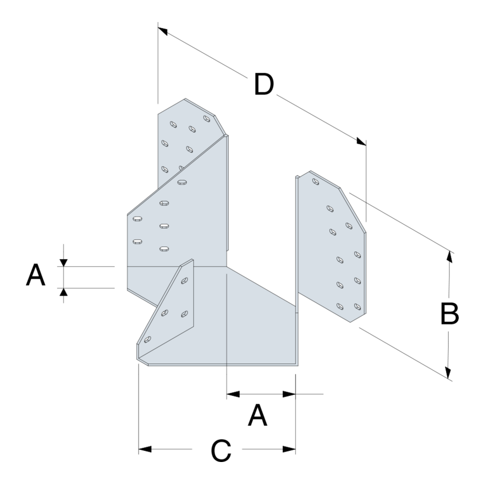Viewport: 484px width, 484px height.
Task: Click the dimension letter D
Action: coord(264,84)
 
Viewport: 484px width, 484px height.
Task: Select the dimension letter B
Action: coord(449,313)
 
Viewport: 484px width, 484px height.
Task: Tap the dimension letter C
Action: coord(221,450)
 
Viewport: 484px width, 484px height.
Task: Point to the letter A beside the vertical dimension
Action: coord(36,274)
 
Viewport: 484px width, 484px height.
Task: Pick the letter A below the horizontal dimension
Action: coord(257,415)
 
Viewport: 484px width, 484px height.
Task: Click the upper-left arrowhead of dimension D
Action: coord(162,31)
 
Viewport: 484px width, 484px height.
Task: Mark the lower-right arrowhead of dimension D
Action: coord(361,141)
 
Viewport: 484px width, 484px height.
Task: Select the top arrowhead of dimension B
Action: coord(450,257)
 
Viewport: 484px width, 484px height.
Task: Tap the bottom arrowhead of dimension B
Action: coord(448,372)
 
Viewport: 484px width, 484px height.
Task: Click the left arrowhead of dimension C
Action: coord(145,449)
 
